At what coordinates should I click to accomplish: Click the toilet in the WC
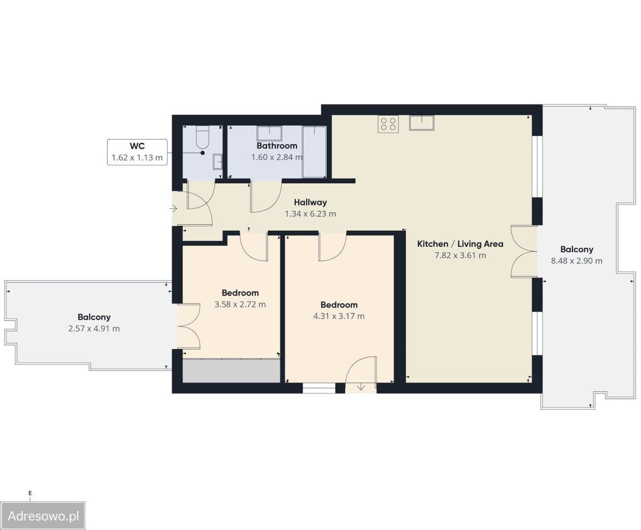203,137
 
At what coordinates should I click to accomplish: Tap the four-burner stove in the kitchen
388,124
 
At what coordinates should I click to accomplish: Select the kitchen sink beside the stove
421,123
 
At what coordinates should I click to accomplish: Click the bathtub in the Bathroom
314,152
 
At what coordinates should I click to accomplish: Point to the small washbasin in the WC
217,161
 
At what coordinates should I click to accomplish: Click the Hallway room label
310,202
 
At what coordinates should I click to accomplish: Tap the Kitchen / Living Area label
460,244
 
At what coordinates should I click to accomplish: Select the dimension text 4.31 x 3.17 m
339,316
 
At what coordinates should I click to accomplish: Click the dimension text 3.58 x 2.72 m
240,304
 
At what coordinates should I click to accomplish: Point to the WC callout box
137,152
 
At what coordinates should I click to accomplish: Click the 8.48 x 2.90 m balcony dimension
576,261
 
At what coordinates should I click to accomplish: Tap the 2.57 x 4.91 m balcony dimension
94,328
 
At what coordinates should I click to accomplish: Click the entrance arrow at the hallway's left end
173,209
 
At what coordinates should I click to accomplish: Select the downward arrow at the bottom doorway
361,386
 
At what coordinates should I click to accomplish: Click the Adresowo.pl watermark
43,516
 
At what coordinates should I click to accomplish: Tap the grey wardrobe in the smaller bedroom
231,371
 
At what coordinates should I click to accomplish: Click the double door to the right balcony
525,251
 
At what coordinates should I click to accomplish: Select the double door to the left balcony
188,326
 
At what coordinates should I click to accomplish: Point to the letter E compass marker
30,493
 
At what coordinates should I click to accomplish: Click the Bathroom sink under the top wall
269,134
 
